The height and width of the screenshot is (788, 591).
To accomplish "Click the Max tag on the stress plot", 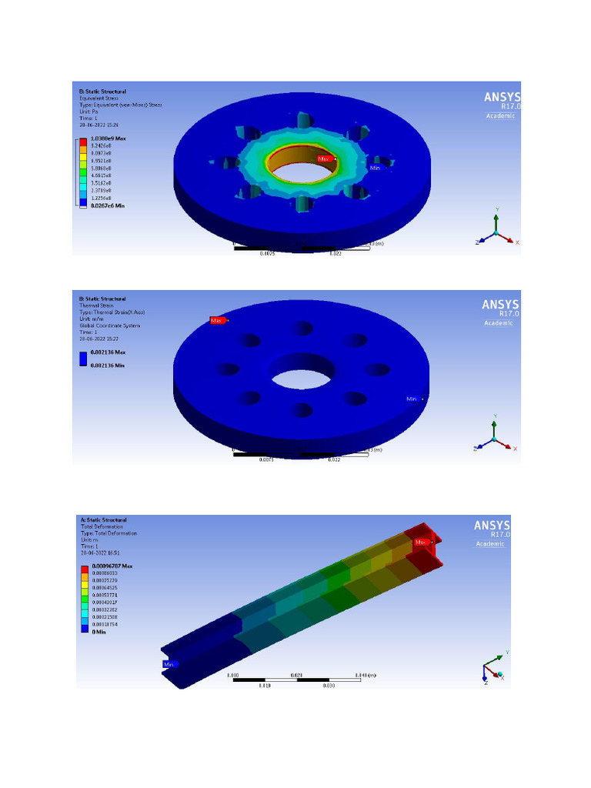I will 325,159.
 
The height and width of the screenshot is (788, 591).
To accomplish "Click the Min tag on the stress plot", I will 376,167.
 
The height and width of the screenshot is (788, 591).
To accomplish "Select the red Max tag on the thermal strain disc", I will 217,320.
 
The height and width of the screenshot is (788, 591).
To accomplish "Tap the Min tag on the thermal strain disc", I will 412,399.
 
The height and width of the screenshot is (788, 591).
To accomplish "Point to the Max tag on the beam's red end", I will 421,542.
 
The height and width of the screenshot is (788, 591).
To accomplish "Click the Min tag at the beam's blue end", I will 169,664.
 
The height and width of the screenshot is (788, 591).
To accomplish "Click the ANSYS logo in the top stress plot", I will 501,98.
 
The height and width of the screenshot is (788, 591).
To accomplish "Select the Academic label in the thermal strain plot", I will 498,322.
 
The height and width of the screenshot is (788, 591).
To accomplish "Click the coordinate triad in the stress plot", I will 495,230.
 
